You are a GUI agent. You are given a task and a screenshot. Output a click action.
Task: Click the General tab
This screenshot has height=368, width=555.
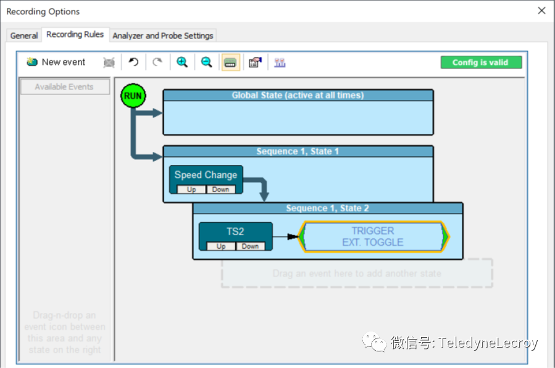[x=24, y=36]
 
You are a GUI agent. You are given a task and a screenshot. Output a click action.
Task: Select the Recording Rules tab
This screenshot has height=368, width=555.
[x=75, y=35]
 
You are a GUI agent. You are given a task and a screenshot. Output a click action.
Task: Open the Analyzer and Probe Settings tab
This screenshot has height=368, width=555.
[x=163, y=36]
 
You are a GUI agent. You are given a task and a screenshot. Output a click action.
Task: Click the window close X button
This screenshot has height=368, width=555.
[x=541, y=11]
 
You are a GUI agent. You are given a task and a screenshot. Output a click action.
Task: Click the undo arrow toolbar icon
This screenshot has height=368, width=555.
[x=133, y=62]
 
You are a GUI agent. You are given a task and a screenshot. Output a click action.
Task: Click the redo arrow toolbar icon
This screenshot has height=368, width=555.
[x=157, y=62]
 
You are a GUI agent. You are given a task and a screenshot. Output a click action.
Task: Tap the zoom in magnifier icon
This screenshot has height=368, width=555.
[x=182, y=62]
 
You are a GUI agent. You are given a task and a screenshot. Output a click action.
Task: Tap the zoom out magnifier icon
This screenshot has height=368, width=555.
[x=207, y=62]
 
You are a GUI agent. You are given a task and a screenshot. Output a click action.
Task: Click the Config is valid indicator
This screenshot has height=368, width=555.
[x=481, y=62]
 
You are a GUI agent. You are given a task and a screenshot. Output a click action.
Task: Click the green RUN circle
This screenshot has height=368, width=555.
[x=132, y=96]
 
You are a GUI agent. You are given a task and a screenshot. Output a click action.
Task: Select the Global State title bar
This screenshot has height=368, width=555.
[x=298, y=95]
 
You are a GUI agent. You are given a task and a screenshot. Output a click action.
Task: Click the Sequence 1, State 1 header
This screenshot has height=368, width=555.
[x=298, y=151]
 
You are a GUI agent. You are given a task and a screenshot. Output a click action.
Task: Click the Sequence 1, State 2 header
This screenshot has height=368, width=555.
[x=327, y=208]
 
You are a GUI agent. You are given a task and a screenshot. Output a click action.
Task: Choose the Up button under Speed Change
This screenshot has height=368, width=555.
[x=191, y=190]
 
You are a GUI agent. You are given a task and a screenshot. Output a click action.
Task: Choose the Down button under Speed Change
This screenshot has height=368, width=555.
[x=220, y=190]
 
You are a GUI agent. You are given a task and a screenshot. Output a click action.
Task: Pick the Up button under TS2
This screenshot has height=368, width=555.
[x=221, y=246]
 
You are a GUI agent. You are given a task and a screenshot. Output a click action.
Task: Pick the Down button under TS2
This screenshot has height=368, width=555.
[x=250, y=246]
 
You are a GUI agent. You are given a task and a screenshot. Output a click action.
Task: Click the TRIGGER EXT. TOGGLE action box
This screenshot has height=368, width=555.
[x=373, y=236]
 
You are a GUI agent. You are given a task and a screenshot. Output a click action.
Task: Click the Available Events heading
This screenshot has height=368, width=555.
[x=64, y=87]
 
